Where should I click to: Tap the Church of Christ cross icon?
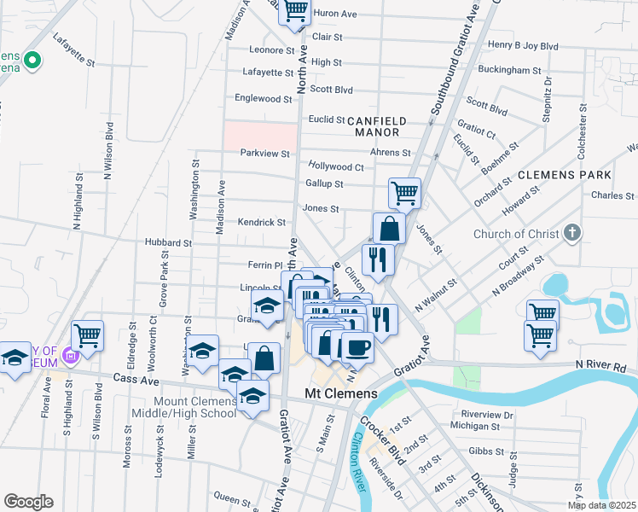coord(572,232)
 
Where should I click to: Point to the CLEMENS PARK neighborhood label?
coord(564,174)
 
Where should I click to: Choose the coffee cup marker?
coord(357,346)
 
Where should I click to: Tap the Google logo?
coord(28,501)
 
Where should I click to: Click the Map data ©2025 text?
coord(601,505)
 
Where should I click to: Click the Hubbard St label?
coord(168,243)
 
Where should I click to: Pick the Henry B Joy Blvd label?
coord(522,45)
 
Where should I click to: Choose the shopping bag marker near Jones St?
coord(389,228)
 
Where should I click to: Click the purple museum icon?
coord(71,357)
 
